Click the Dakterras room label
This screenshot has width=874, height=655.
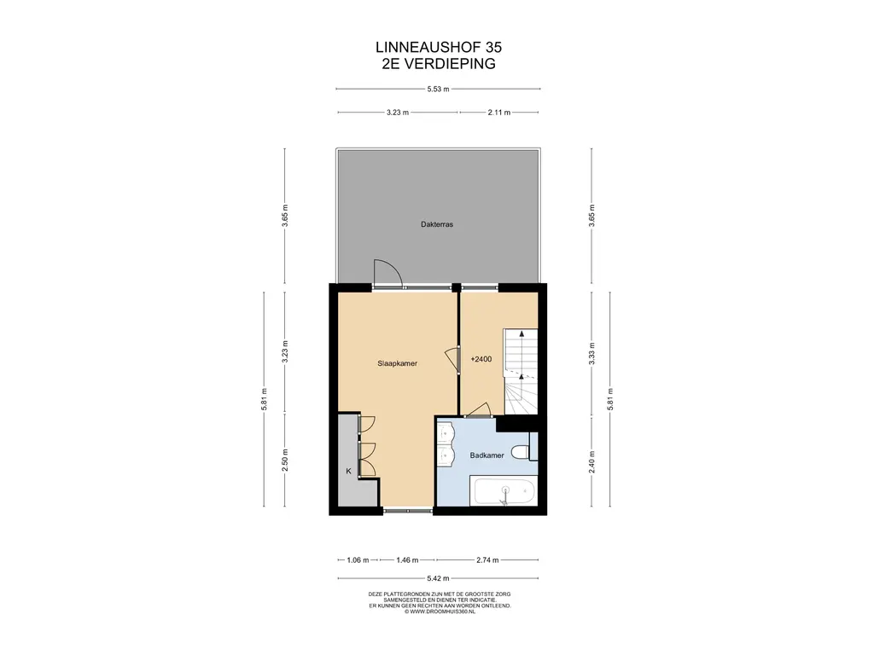[437, 224]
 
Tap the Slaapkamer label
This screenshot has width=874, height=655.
[398, 363]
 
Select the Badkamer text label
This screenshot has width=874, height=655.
[487, 455]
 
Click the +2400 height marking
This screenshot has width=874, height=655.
[481, 359]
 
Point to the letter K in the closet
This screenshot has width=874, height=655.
[348, 471]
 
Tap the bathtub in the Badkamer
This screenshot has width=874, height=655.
[504, 491]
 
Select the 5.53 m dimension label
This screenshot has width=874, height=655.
[438, 89]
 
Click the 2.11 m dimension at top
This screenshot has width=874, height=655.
[498, 112]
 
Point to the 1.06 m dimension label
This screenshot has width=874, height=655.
[358, 559]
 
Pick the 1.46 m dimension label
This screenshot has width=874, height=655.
[407, 559]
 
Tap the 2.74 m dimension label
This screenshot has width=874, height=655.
[487, 559]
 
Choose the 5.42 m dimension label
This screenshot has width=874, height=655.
[438, 578]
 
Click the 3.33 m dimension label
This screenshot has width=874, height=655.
[592, 353]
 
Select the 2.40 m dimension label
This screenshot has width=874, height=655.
[592, 461]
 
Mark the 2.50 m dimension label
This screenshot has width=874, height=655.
[285, 460]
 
